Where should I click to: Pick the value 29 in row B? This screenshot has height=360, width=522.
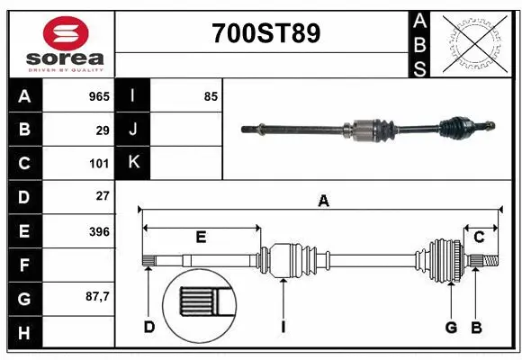103,130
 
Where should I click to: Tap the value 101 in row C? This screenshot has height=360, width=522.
99,164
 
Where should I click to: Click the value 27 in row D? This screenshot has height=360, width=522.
103,196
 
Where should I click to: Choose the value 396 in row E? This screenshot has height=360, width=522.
99,231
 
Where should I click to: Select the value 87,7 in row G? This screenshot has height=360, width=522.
95,296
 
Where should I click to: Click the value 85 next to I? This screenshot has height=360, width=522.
211,95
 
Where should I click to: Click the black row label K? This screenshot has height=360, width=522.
133,163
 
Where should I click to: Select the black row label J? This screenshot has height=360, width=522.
133,130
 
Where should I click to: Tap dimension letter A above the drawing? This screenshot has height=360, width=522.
323,202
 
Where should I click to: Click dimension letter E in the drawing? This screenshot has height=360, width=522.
201,237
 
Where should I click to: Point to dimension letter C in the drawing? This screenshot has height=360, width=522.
479,237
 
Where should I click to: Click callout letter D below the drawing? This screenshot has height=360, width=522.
149,327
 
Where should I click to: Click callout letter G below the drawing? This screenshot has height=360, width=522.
451,327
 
